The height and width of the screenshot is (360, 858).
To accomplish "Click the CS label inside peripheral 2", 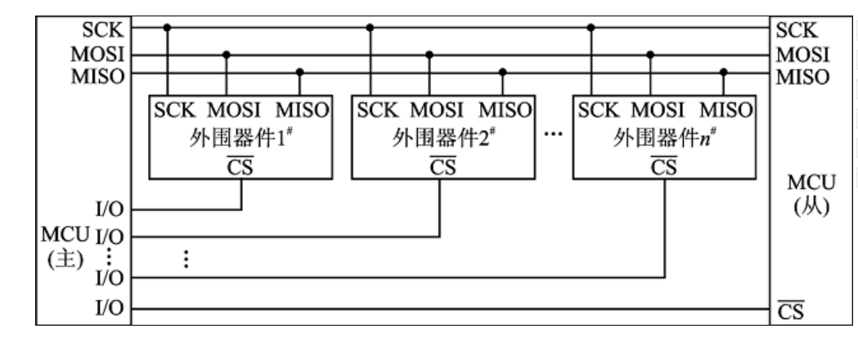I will click(x=442, y=166).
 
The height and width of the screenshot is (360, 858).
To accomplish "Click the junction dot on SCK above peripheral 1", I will click(x=167, y=28).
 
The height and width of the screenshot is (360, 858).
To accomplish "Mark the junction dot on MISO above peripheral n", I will click(x=724, y=73).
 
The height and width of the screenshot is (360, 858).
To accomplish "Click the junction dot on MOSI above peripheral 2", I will click(x=429, y=54).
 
